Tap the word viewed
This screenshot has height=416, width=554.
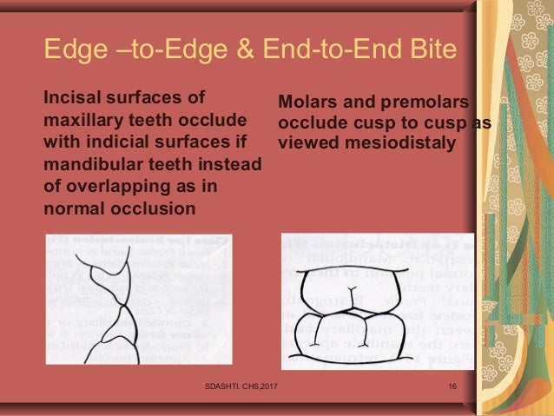click(305, 144)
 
